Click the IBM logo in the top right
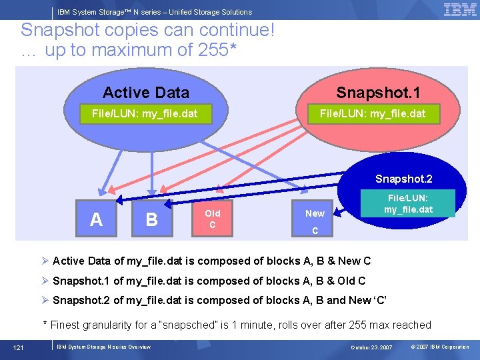tap(459, 10)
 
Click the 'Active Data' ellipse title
tap(145, 93)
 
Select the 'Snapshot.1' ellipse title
tap(378, 93)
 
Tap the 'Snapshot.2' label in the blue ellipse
tap(403, 179)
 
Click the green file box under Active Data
tap(144, 113)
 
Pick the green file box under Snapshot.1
tap(372, 113)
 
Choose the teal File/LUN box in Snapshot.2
tap(408, 203)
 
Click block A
tap(96, 219)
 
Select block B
tap(151, 219)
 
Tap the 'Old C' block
tap(212, 219)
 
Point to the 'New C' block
tap(315, 219)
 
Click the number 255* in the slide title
tap(217, 50)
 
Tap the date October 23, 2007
tap(372, 347)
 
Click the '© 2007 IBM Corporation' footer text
tap(440, 347)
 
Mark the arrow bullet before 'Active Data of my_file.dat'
tap(45, 261)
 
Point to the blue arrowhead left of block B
tap(120, 199)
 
